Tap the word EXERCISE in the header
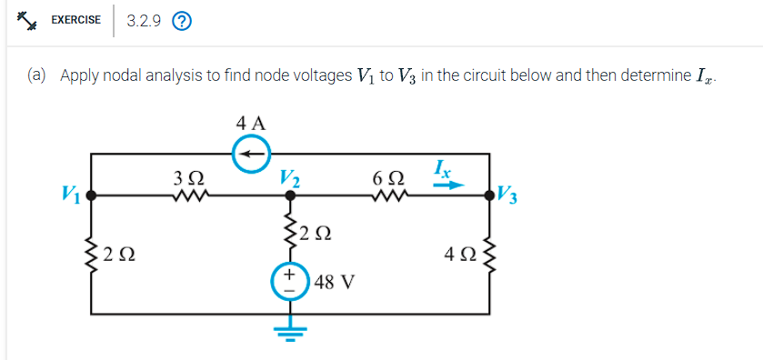pyautogui.click(x=75, y=20)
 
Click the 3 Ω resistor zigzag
pyautogui.click(x=196, y=194)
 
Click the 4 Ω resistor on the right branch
pyautogui.click(x=494, y=252)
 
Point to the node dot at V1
pyautogui.click(x=89, y=194)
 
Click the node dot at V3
pyautogui.click(x=494, y=194)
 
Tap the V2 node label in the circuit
pyautogui.click(x=291, y=176)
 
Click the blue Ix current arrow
pyautogui.click(x=450, y=185)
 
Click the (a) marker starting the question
pyautogui.click(x=37, y=75)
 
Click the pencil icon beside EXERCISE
pyautogui.click(x=27, y=20)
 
